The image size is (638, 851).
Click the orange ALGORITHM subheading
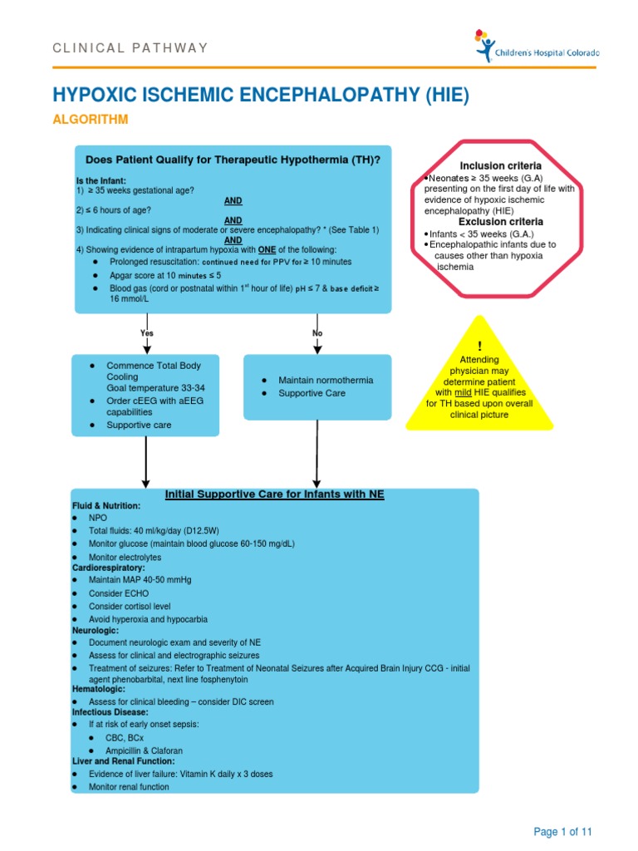(x=91, y=120)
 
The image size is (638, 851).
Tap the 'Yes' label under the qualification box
(x=147, y=333)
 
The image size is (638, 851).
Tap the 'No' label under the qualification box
(x=317, y=333)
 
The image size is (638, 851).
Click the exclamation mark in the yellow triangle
(x=479, y=345)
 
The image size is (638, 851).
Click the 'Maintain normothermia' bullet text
(x=326, y=380)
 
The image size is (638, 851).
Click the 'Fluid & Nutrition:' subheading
(x=106, y=505)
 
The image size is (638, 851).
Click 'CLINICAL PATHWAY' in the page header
(x=130, y=47)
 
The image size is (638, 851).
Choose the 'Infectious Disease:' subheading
(x=109, y=712)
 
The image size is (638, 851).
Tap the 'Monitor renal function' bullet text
(x=129, y=786)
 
